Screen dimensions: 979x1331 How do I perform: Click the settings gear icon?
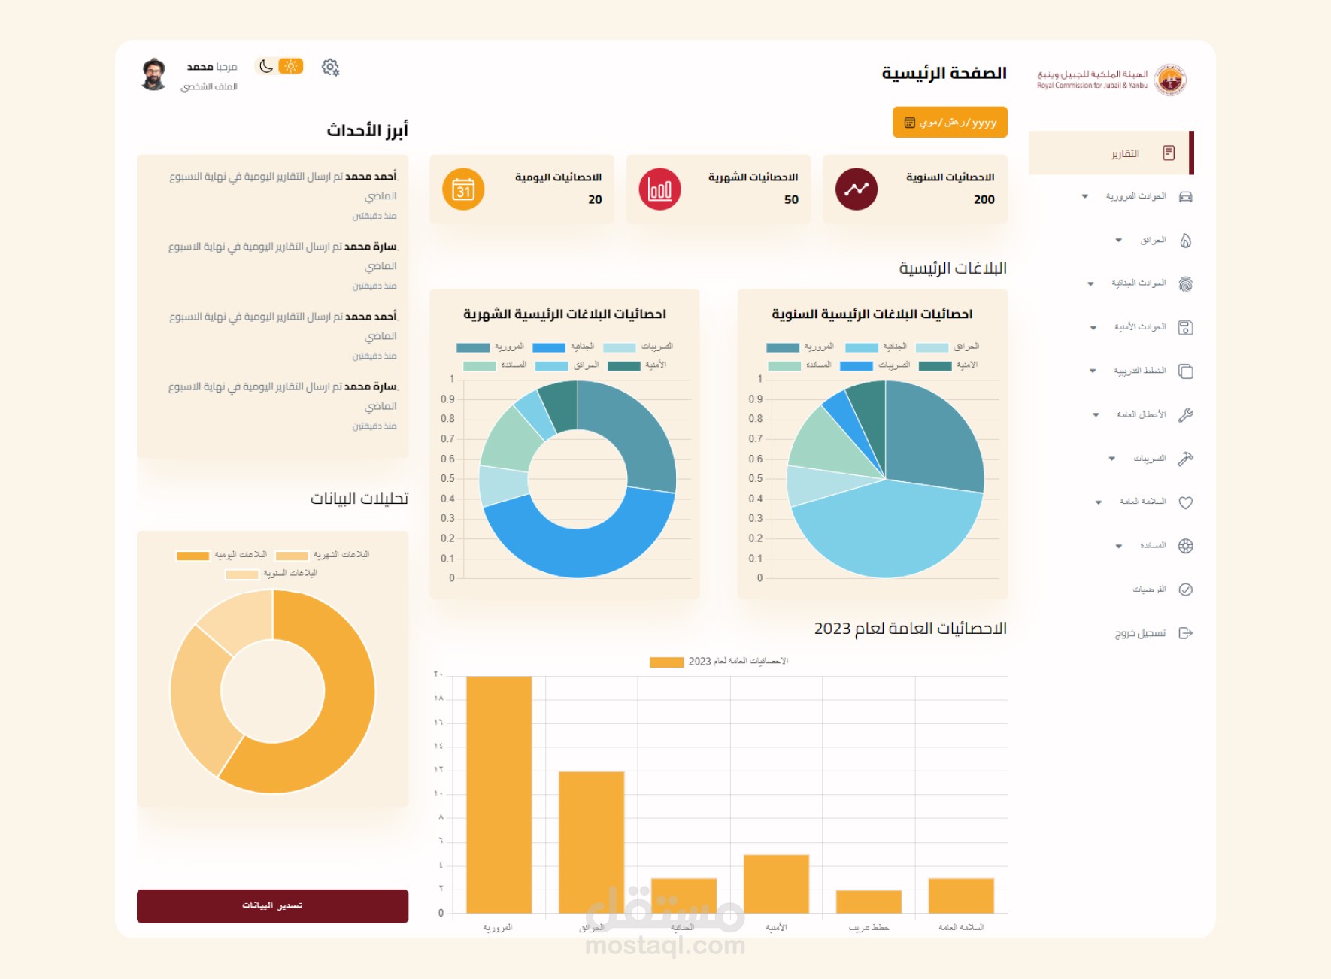[330, 68]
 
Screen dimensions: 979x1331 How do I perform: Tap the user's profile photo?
[154, 74]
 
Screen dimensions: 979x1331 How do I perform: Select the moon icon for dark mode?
[266, 66]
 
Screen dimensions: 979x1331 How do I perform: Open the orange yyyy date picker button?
[950, 123]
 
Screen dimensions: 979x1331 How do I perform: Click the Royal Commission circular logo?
[1170, 79]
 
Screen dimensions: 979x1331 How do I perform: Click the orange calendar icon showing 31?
[463, 189]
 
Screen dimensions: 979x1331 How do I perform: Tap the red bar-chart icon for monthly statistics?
[659, 189]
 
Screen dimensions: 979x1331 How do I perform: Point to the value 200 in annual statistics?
[984, 199]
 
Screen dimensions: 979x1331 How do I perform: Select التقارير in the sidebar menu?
[1125, 153]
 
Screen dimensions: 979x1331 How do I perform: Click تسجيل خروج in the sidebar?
[1140, 633]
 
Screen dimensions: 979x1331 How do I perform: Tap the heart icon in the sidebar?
[1185, 502]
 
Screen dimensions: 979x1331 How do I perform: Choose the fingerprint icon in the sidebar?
[1185, 284]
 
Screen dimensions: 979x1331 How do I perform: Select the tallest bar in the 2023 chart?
[499, 794]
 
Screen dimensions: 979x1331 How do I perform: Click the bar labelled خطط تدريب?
[869, 902]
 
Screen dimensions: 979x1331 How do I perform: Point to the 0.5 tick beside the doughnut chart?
[447, 479]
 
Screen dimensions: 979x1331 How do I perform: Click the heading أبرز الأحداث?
[367, 131]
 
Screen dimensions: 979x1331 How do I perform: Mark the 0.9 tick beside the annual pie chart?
[755, 399]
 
